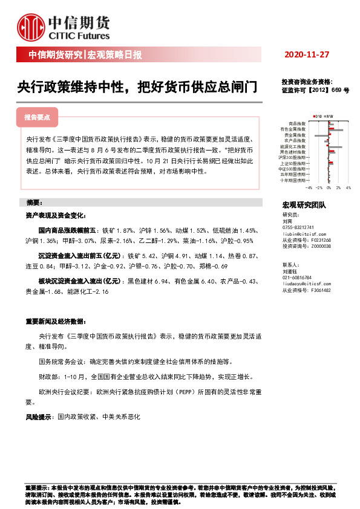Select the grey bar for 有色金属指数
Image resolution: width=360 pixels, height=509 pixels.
click(336, 130)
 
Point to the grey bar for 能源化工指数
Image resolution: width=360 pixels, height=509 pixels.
click(335, 147)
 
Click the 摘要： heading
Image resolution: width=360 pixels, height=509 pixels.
click(38, 202)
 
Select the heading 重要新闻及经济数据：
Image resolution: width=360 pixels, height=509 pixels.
click(58, 320)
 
